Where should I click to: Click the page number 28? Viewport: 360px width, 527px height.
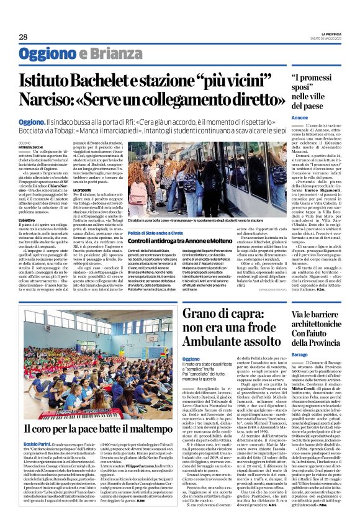23,37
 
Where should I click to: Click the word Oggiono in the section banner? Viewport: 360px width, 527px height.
45,53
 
